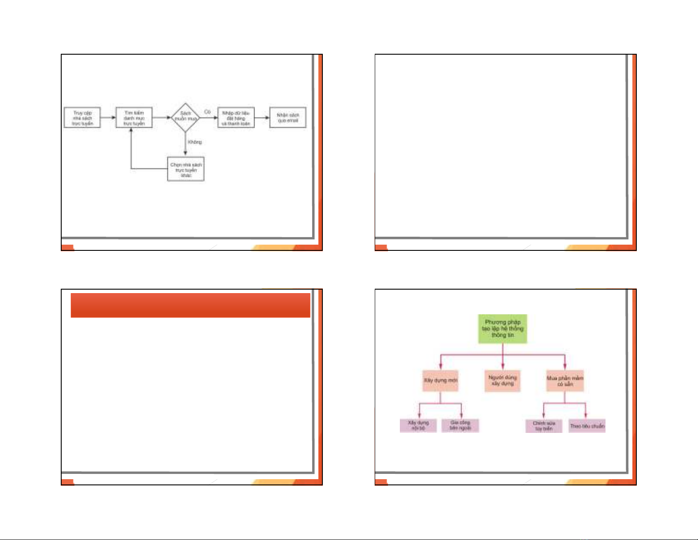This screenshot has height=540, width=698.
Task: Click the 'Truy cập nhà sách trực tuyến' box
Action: (x=82, y=118)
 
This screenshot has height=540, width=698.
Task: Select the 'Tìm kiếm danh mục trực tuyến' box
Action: (x=134, y=118)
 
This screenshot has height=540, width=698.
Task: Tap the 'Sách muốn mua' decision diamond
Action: (x=185, y=118)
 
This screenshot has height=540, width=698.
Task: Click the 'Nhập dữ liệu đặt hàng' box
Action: (x=236, y=118)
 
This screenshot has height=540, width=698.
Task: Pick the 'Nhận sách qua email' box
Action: (x=288, y=118)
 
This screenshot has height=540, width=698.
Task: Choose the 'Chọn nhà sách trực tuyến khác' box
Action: (x=186, y=169)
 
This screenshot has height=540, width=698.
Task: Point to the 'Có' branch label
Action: (x=207, y=112)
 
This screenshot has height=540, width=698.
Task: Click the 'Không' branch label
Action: (x=195, y=142)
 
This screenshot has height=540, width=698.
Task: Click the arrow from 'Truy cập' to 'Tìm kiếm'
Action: (x=108, y=118)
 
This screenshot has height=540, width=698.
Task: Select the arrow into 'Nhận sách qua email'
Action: (x=262, y=118)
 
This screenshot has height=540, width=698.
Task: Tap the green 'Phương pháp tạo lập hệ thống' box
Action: (x=502, y=329)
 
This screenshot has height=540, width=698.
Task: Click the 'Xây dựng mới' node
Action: (x=440, y=380)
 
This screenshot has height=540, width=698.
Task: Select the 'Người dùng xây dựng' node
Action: (x=502, y=380)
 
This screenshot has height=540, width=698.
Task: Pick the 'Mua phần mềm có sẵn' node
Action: (x=565, y=381)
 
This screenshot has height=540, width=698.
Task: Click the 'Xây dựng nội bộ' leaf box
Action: (x=418, y=425)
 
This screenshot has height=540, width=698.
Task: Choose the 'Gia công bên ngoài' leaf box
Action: (x=460, y=425)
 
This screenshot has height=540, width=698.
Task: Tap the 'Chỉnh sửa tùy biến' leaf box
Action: (x=544, y=426)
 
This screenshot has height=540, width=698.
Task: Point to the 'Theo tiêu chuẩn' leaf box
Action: (x=587, y=426)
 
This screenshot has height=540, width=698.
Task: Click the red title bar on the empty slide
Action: (x=190, y=305)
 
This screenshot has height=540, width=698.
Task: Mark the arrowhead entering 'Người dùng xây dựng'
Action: (x=503, y=367)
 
